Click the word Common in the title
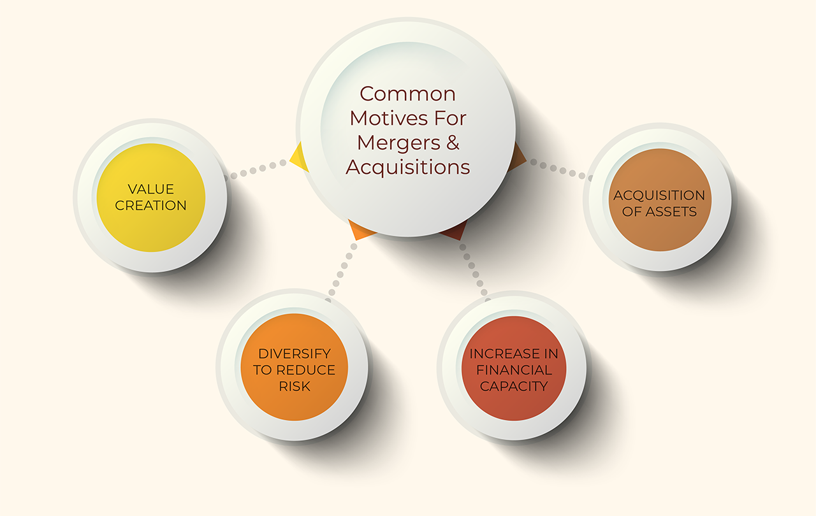[408, 94]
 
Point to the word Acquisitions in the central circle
[408, 168]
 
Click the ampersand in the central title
[452, 143]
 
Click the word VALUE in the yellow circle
[150, 189]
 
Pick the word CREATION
[150, 205]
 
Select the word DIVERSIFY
[294, 354]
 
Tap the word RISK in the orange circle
[294, 386]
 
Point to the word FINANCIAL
[513, 370]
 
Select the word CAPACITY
[513, 386]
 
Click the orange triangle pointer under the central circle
[361, 231]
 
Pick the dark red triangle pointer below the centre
[455, 232]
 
